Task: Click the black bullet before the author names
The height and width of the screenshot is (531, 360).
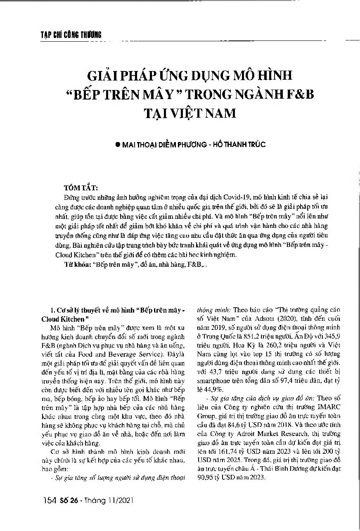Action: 118,145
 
